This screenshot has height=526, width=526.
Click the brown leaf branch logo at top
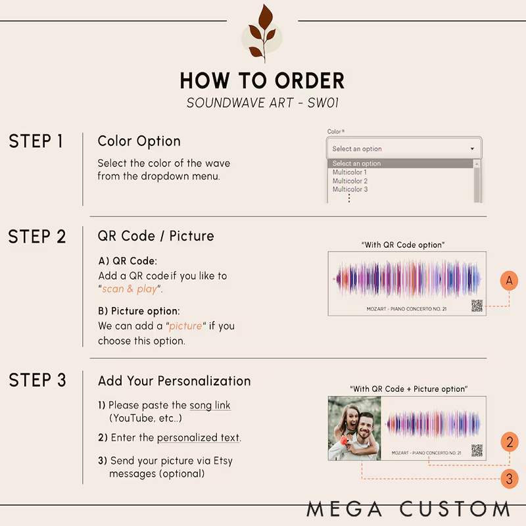[262, 34]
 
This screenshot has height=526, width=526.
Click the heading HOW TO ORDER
[262, 80]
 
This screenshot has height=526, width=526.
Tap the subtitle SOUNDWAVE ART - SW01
[262, 103]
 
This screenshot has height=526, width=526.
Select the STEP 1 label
[36, 141]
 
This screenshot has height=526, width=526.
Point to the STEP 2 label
[37, 237]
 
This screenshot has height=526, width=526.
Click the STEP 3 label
[37, 380]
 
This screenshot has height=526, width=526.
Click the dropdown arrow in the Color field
[472, 149]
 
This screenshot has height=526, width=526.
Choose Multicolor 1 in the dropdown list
[350, 172]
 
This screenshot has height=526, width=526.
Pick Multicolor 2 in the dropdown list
[350, 181]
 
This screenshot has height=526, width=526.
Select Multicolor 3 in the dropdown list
[350, 189]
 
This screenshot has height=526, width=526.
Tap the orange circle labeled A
[509, 281]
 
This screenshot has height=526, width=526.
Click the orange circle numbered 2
[510, 442]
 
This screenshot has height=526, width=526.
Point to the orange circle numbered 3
[509, 479]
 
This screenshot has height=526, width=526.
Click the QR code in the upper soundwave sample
[477, 306]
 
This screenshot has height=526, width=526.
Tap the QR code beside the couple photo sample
[477, 450]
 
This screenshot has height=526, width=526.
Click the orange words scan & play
[130, 289]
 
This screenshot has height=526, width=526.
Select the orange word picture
[185, 326]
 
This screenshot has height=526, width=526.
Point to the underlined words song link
[210, 405]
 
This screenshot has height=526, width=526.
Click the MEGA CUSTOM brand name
[408, 509]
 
